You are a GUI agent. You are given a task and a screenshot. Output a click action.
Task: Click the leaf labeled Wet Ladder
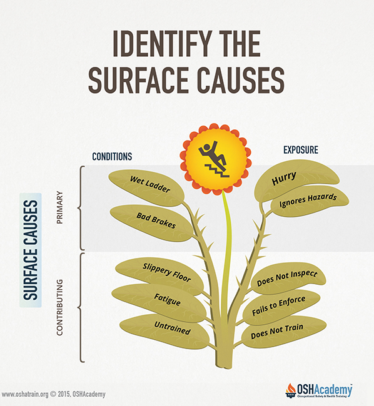coord(147,187)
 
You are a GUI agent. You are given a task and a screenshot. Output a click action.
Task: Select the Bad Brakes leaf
coord(152,223)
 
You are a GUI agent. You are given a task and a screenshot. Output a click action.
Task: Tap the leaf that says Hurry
coord(295,181)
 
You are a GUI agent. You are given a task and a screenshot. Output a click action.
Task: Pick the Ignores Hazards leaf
coord(308,201)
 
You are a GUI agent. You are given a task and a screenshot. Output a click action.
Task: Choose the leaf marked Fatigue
coord(159,302)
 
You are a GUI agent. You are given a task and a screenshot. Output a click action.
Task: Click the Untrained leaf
coord(164,330)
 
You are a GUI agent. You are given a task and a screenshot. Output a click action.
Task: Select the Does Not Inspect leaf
coord(288,279)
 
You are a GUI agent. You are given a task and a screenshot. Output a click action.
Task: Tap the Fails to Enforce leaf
coord(281,307)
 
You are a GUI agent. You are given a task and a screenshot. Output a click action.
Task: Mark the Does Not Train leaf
coord(283,332)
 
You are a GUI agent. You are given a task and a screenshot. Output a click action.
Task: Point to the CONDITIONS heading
coord(112,157)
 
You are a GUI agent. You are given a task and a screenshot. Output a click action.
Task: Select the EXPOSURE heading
coord(301,150)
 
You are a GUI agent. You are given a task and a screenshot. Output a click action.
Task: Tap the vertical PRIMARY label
coord(59,207)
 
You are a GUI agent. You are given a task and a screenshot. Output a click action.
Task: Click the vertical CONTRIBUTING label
coord(59,307)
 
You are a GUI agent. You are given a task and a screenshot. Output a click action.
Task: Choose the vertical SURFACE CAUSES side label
coord(31,250)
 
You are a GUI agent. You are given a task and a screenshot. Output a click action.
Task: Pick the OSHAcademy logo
coord(319,390)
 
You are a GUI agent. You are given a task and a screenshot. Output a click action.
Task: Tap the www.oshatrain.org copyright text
coord(53,394)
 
